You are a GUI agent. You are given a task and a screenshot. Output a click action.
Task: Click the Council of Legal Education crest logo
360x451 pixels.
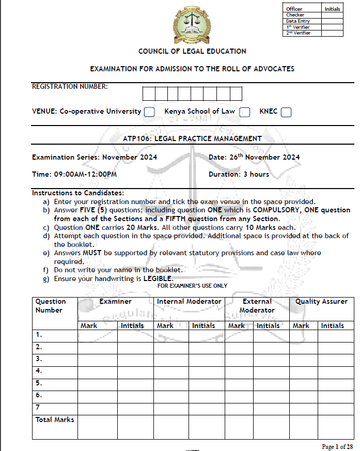tap(192, 24)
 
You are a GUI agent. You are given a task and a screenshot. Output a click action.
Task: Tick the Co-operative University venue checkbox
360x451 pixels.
tap(149, 112)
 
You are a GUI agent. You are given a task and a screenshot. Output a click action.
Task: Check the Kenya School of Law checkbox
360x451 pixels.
tap(245, 112)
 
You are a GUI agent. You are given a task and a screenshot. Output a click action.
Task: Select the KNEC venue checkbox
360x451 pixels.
tap(286, 112)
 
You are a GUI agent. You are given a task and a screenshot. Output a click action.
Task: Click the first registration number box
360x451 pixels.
tap(149, 94)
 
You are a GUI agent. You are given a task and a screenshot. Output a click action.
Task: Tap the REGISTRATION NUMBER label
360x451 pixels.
tap(70, 86)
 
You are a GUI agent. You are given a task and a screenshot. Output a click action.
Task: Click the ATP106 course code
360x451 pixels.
tap(136, 138)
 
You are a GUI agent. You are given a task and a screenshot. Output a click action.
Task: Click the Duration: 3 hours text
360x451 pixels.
tap(239, 174)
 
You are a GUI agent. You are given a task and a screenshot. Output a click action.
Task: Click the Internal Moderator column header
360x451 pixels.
tap(189, 301)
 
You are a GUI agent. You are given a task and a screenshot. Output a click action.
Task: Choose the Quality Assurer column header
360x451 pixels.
tap(321, 301)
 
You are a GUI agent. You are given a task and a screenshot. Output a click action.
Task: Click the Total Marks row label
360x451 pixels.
tap(55, 419)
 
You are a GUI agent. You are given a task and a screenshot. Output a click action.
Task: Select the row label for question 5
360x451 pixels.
tap(39, 383)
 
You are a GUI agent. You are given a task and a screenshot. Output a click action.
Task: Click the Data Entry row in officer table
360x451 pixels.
tap(298, 21)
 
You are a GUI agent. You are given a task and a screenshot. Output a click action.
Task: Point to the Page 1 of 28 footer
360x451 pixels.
tap(337, 446)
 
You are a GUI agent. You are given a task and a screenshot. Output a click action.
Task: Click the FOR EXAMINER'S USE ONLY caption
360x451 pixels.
tap(192, 286)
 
